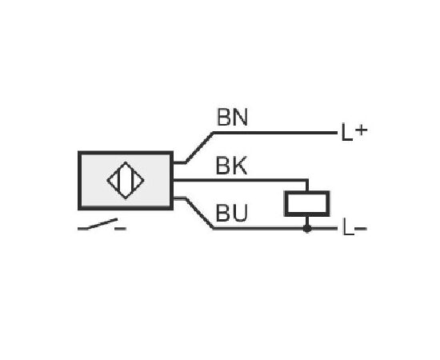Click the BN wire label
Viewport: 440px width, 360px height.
(x=232, y=117)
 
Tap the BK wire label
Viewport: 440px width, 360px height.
(x=231, y=166)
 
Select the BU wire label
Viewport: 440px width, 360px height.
(x=232, y=213)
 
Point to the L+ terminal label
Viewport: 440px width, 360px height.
(x=354, y=131)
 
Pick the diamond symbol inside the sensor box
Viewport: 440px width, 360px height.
(x=126, y=180)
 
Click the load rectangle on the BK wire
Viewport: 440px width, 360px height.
(x=307, y=203)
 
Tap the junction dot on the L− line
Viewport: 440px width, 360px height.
(x=307, y=229)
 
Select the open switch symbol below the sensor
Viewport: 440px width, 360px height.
(x=102, y=225)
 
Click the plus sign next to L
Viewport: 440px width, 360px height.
(x=361, y=130)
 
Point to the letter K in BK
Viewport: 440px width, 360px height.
(x=239, y=166)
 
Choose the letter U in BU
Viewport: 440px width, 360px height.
(x=240, y=213)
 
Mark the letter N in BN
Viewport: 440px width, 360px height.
(x=240, y=117)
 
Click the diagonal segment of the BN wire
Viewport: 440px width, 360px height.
(x=199, y=147)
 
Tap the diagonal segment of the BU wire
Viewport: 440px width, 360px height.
(x=199, y=214)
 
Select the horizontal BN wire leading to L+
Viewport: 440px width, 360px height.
(x=275, y=133)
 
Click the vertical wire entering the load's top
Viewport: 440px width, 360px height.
(x=307, y=185)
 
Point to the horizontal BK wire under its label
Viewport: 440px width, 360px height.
(x=240, y=180)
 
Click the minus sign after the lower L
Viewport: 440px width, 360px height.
(x=361, y=229)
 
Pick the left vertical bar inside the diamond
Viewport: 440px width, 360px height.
(x=120, y=180)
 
